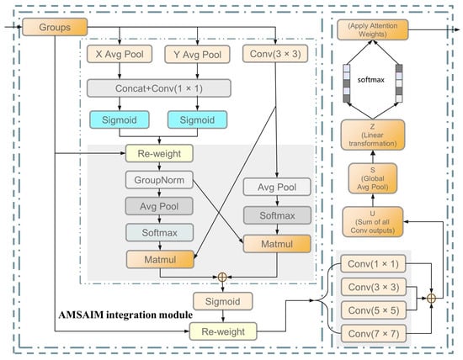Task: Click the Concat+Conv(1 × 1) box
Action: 159,87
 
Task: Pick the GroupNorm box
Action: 158,180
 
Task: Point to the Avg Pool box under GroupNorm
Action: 158,206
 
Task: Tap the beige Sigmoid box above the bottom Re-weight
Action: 222,301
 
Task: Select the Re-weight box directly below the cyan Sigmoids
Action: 158,153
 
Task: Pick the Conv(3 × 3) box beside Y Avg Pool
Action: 275,55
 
